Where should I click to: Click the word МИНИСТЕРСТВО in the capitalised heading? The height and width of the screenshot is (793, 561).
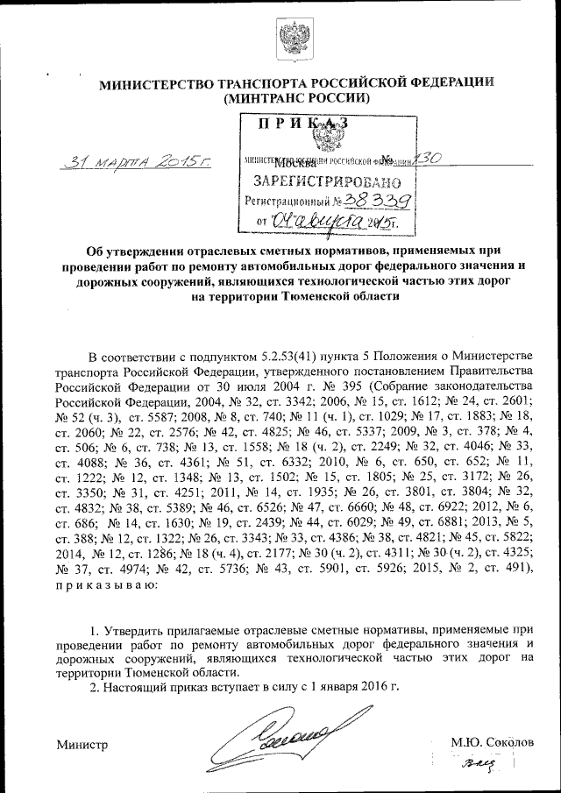153,84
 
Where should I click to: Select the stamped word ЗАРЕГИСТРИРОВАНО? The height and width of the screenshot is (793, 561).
327,183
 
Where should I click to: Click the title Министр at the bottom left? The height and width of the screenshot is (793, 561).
82,744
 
